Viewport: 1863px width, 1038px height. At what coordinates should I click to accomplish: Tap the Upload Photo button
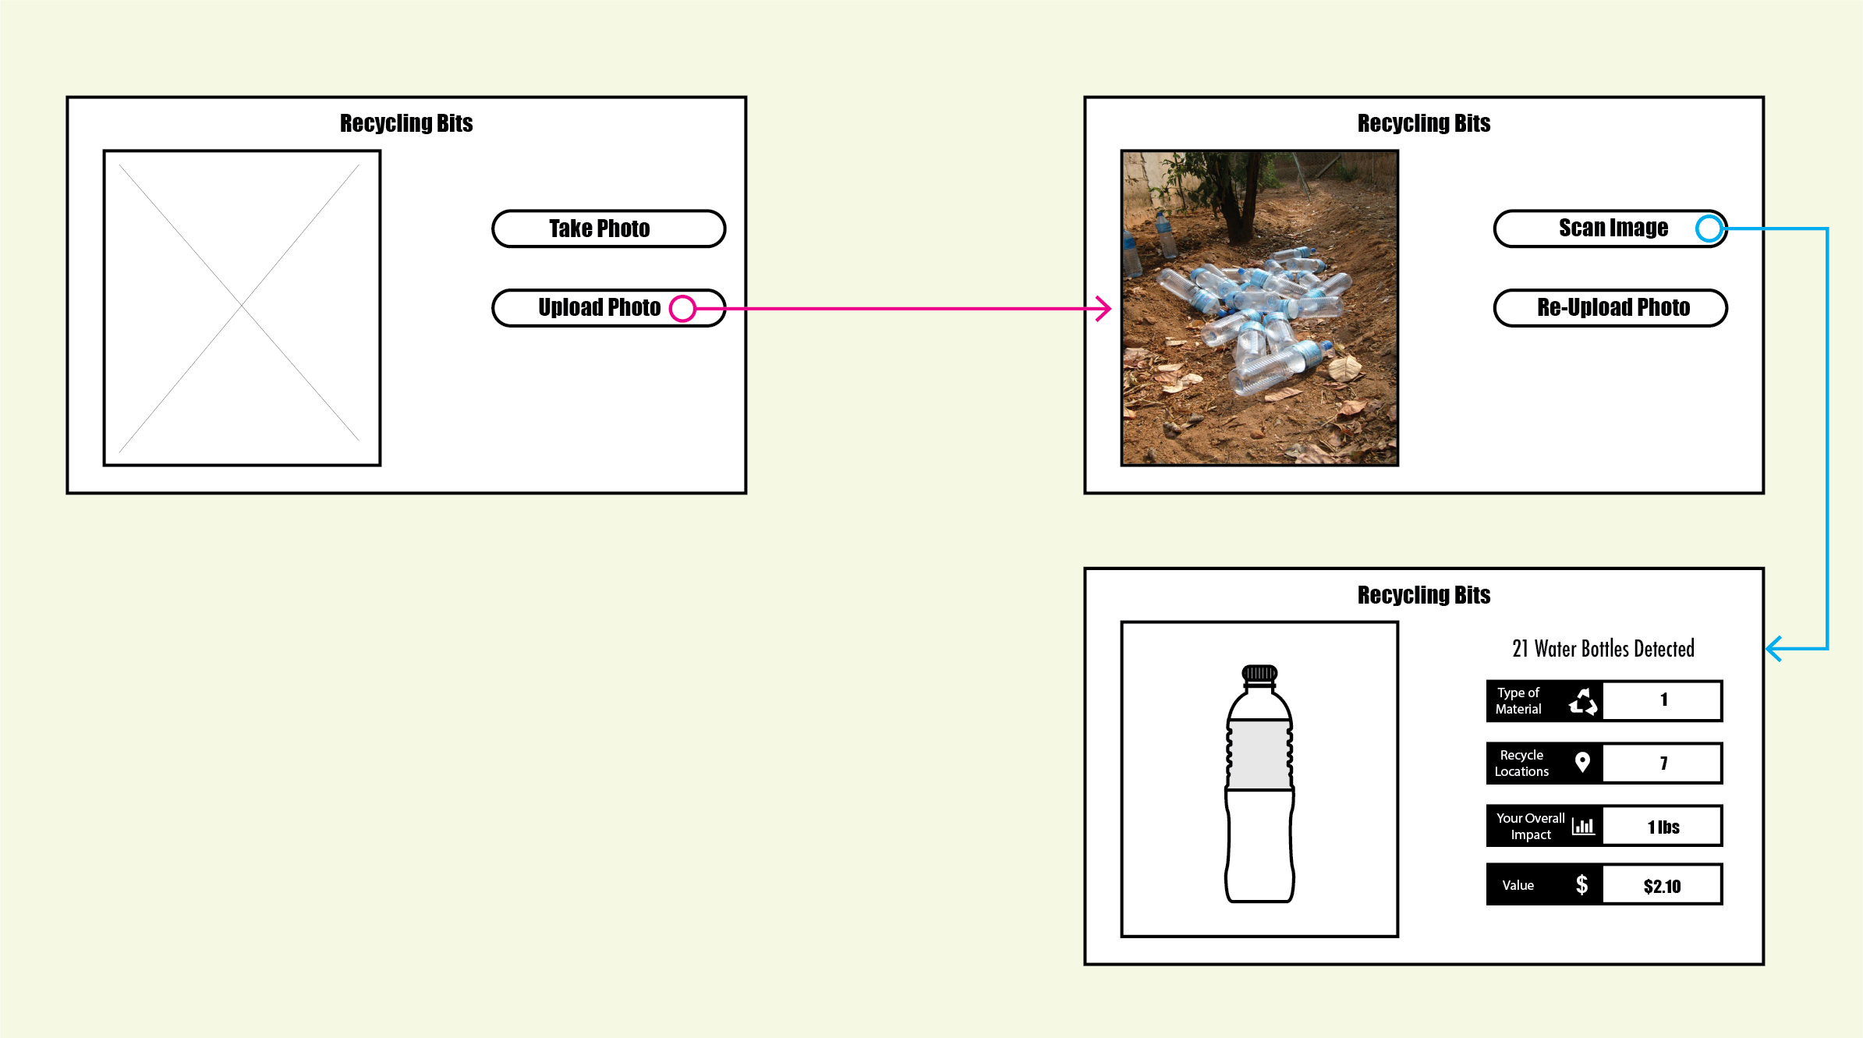click(599, 308)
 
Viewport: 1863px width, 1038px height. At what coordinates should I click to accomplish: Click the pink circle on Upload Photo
click(682, 308)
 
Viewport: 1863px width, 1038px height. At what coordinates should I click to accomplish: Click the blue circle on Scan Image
click(1709, 229)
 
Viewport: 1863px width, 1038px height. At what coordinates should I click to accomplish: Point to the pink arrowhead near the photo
click(1105, 308)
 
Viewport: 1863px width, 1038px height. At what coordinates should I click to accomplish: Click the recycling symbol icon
click(1583, 701)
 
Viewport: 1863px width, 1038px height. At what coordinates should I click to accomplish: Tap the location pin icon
click(1582, 762)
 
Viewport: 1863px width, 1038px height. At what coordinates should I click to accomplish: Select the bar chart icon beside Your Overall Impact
click(1583, 826)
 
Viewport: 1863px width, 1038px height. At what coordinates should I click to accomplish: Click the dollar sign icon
click(1581, 884)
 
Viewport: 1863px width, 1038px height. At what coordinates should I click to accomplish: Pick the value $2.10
click(1662, 886)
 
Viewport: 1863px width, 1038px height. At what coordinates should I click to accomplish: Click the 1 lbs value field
click(1663, 827)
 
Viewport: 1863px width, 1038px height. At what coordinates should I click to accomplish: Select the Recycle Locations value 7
click(1663, 763)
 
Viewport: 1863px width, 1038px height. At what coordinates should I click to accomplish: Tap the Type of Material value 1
click(1663, 700)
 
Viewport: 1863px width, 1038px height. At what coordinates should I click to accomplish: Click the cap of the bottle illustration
click(1259, 673)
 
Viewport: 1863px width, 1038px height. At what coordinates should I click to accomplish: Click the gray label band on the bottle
click(1259, 754)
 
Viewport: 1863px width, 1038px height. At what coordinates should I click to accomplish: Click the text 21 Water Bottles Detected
click(1603, 649)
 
